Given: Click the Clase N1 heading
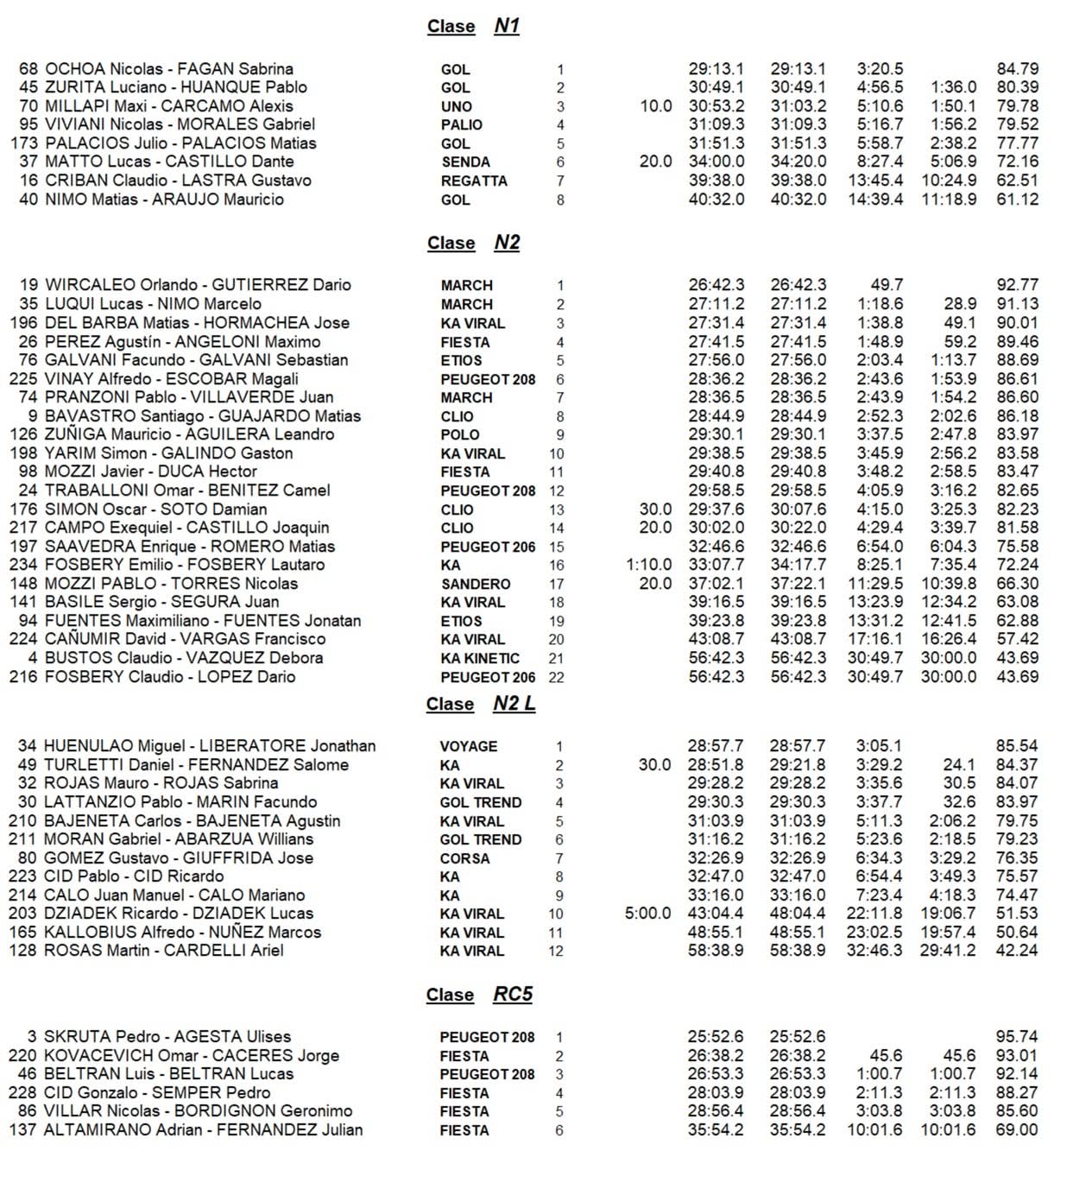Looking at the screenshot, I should click(x=473, y=26).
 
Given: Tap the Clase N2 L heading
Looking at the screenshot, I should click(x=480, y=704).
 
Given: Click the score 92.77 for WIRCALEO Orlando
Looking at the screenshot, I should click(x=1017, y=285).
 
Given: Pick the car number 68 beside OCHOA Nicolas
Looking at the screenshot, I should click(x=28, y=69).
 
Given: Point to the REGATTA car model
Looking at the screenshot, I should click(x=474, y=181).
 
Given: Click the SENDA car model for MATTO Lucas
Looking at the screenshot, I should click(x=465, y=162).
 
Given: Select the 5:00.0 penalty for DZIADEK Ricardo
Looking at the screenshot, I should click(x=647, y=914).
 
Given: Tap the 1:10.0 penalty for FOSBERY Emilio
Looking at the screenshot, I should click(x=648, y=565).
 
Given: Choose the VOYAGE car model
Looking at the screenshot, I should click(x=469, y=747).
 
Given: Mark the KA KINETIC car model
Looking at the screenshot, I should click(x=480, y=658).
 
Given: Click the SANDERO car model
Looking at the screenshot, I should click(x=476, y=585).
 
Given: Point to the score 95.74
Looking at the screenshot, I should click(x=1017, y=1037).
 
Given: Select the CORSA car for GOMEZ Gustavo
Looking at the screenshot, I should click(x=464, y=858).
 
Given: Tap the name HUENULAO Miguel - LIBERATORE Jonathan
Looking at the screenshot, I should click(x=210, y=746).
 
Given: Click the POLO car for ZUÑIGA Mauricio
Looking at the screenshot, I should click(x=460, y=435).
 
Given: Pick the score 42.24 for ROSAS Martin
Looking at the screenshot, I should click(x=1017, y=951).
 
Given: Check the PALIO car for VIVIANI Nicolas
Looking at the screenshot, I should click(x=462, y=125).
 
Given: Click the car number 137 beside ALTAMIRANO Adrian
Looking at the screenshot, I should click(x=22, y=1130).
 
